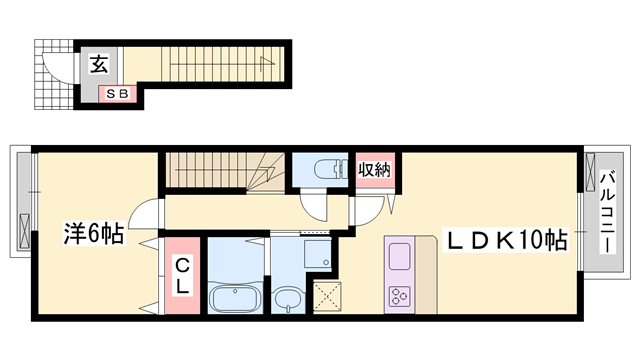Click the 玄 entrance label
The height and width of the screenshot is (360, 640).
pos(99,64)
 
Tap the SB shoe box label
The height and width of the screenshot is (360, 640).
pos(117,94)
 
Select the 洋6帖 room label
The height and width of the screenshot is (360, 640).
pos(93,233)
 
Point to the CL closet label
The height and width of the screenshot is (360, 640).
pos(182,277)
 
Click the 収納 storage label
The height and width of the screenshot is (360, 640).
pos(375,169)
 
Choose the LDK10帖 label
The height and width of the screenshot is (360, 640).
pos(507,240)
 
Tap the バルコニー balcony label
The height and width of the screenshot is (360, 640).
pos(608,212)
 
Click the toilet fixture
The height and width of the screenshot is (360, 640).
pos(331,169)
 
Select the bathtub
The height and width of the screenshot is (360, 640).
pos(235,299)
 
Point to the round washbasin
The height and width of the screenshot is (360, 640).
pos(288,299)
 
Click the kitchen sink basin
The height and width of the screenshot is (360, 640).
pos(399,256)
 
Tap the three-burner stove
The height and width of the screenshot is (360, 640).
pos(399,296)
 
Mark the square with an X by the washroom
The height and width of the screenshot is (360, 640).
pos(327,297)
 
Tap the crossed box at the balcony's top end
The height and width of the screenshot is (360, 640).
pos(591,172)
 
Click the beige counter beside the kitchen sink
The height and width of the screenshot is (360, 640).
pos(426,275)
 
